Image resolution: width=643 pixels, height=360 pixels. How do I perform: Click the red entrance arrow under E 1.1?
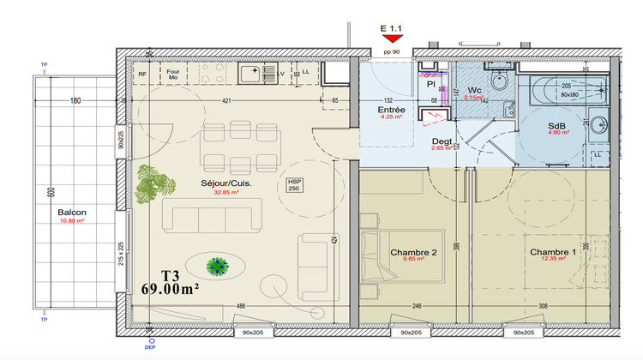[393, 37]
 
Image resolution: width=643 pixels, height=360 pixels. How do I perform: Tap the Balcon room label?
[71, 213]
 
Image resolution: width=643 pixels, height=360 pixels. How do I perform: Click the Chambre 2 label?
[413, 252]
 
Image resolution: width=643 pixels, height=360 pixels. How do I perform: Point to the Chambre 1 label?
[553, 252]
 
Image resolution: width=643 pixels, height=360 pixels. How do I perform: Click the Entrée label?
[392, 111]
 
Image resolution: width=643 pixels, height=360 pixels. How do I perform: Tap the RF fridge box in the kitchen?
[142, 75]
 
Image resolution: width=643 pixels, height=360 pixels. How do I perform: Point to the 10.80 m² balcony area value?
[71, 221]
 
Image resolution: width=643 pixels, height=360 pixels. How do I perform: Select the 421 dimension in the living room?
[226, 102]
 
